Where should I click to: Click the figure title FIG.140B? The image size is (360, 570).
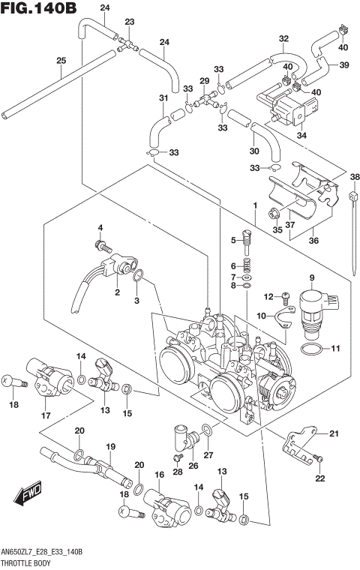click(39, 9)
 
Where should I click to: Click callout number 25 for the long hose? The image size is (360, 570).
click(61, 61)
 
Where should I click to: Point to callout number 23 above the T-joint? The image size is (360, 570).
click(130, 22)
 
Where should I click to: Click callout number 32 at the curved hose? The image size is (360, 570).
click(283, 38)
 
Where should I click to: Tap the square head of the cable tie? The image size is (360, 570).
click(352, 196)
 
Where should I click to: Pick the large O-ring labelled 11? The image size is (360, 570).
click(313, 349)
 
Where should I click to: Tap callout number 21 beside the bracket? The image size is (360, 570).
click(334, 433)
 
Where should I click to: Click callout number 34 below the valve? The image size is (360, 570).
click(301, 136)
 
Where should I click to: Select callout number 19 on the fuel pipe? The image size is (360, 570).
click(110, 447)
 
